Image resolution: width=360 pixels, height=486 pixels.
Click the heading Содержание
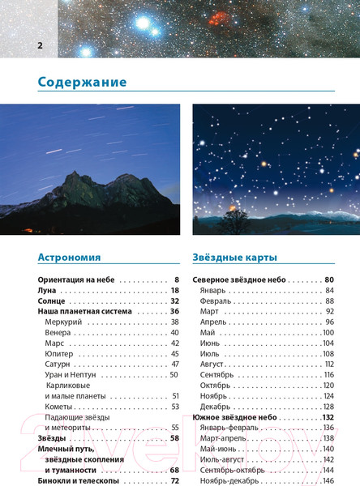click(x=82, y=82)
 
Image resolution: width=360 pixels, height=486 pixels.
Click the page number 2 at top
click(x=39, y=45)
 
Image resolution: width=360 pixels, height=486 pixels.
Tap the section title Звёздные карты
click(x=234, y=257)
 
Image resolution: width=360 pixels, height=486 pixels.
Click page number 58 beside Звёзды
click(x=174, y=438)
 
